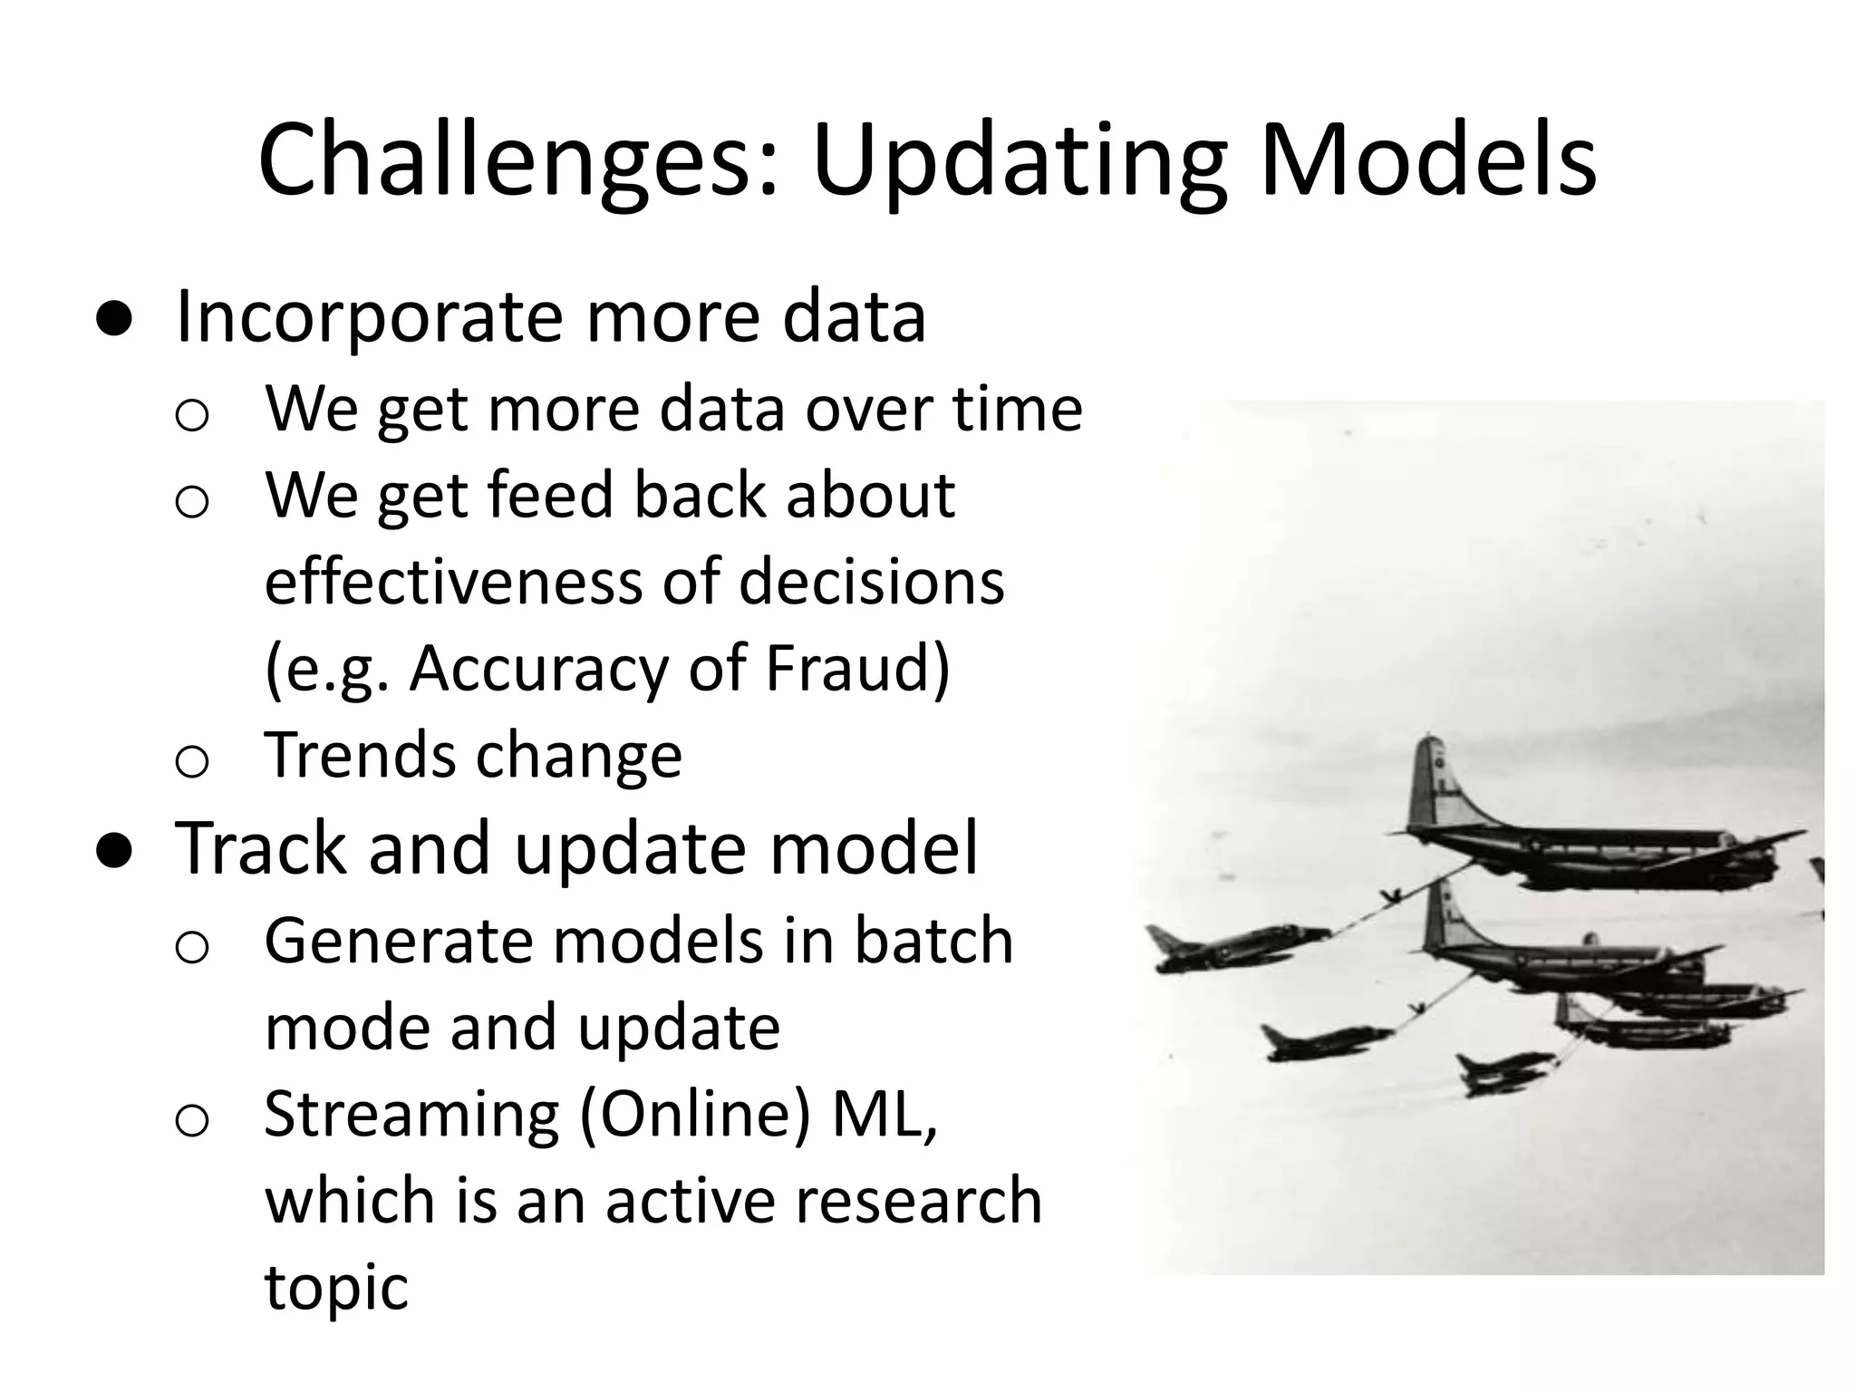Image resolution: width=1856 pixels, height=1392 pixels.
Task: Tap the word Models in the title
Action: [x=1428, y=160]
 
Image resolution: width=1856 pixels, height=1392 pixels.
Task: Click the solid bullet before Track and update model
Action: [x=115, y=850]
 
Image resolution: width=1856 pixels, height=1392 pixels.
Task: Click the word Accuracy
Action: [x=538, y=668]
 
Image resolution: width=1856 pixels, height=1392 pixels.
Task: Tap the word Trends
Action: [x=358, y=755]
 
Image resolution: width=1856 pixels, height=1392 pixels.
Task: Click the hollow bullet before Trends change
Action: [x=192, y=761]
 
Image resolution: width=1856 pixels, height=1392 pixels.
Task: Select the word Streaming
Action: [x=411, y=1114]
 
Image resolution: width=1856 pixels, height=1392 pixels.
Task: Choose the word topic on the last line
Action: [x=336, y=1287]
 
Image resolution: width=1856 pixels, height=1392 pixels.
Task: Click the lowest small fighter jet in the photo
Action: [x=1504, y=1074]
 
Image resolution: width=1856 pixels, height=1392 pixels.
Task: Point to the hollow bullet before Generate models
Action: [x=192, y=948]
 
